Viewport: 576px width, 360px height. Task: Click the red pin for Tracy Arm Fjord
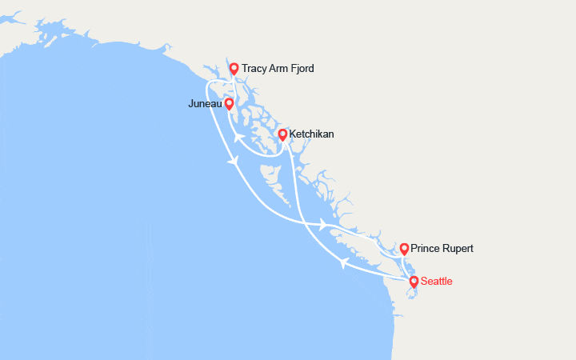(234, 69)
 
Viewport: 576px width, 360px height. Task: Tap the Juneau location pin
(229, 103)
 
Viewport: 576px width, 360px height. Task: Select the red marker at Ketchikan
(282, 134)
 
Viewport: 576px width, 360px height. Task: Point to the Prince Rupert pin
(404, 249)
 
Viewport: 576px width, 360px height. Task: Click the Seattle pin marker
(414, 281)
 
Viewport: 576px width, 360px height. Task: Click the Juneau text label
(205, 103)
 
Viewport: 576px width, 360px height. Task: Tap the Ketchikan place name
(312, 134)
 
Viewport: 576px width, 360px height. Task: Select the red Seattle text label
(436, 282)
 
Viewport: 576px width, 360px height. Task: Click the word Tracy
(254, 69)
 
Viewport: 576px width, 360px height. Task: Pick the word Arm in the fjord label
(282, 69)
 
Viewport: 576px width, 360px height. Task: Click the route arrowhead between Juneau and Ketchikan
(238, 138)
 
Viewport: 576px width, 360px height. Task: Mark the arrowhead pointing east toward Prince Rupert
(324, 225)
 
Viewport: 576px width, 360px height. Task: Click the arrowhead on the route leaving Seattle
(342, 263)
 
